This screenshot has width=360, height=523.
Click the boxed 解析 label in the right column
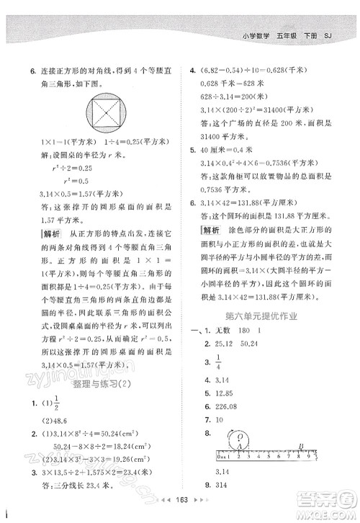[210, 230]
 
